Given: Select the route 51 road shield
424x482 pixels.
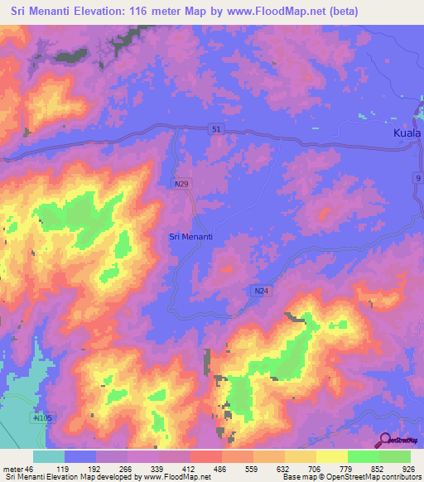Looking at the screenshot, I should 216,128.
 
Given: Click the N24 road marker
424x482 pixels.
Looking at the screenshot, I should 260,290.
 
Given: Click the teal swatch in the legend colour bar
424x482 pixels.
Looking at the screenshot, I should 49,456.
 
